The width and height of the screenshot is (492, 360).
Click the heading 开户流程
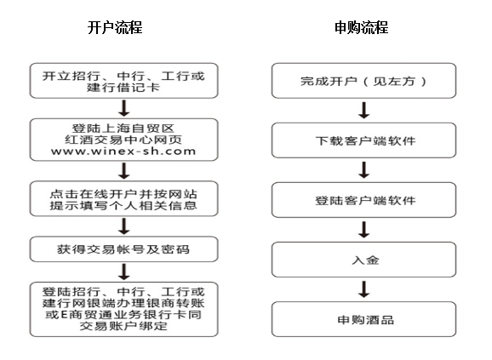tap(115, 27)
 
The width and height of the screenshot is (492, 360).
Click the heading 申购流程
tap(362, 27)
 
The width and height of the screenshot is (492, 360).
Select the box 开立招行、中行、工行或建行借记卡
tap(124, 81)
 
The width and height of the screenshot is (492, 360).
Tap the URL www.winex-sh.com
tap(123, 151)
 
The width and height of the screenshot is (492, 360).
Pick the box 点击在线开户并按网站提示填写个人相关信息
tap(124, 198)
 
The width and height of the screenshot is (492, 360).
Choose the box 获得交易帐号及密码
tap(124, 249)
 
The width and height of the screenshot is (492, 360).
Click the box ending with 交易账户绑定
tap(124, 310)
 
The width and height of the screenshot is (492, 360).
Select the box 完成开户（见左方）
tap(364, 81)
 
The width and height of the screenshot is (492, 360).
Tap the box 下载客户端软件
tap(364, 140)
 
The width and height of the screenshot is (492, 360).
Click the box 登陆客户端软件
tap(364, 200)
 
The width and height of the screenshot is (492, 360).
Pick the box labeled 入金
tap(364, 260)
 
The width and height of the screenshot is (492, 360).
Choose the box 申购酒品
tap(364, 319)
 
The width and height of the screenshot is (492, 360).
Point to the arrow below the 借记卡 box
tap(124, 108)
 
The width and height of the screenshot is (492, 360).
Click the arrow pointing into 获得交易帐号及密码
tap(124, 226)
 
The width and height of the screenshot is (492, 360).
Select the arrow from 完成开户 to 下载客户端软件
tap(364, 111)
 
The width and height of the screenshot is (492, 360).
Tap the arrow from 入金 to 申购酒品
tap(364, 289)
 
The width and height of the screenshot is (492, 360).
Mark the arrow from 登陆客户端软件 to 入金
tap(364, 230)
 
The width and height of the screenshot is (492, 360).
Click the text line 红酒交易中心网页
tap(123, 140)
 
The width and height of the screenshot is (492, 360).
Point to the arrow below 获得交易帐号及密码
tap(124, 271)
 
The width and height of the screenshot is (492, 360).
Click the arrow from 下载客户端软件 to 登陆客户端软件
tap(364, 170)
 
